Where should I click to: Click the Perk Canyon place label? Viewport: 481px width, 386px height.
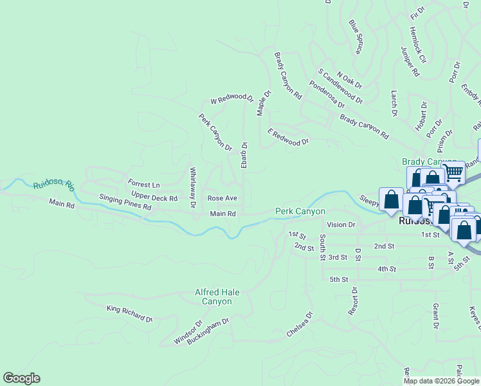300,211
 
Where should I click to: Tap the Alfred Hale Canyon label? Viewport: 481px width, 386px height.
217,297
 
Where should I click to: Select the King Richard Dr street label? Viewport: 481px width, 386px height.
130,314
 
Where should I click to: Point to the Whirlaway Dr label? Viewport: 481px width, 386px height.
192,188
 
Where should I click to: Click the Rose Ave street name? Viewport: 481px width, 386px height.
222,198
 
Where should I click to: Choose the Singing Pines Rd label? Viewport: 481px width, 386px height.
125,203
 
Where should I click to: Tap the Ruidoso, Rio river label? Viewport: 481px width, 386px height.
54,185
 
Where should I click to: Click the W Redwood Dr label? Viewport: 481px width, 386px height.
231,98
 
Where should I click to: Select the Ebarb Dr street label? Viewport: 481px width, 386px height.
244,156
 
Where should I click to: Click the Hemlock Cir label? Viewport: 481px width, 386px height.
417,44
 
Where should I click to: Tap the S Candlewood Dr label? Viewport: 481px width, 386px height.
340,87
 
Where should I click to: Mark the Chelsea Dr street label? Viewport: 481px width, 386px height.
300,325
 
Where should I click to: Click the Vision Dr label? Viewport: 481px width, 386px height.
341,225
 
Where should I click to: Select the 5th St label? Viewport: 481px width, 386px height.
338,279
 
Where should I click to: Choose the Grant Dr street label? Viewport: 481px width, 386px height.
435,316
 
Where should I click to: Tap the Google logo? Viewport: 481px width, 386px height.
21,378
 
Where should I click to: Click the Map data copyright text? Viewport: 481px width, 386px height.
442,381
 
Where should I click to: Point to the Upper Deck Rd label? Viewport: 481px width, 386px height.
154,198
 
